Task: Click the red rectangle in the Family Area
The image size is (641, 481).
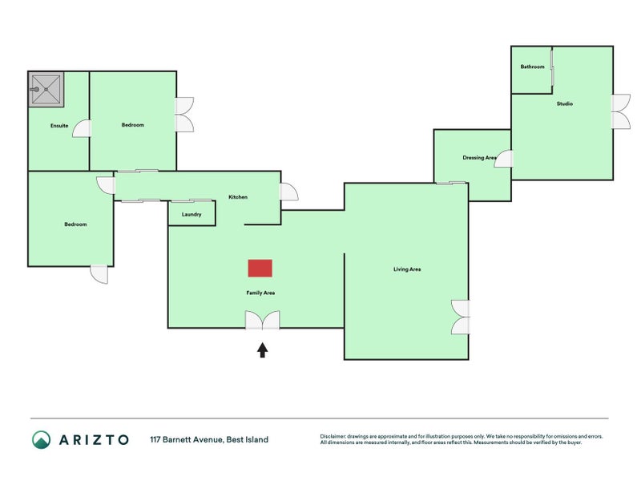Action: [x=260, y=269]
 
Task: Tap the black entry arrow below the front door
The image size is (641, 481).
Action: [x=263, y=350]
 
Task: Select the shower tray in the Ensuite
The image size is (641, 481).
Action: [x=46, y=90]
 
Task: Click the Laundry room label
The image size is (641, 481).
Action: [x=191, y=214]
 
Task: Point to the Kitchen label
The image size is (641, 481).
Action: [x=238, y=197]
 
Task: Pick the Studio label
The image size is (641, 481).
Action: [x=565, y=104]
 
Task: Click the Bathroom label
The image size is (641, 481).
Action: [x=532, y=67]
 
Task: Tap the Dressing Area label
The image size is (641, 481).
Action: [x=479, y=157]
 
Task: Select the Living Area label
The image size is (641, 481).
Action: [x=407, y=269]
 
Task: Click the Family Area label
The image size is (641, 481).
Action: [x=260, y=293]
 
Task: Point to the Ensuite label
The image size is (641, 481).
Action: [x=59, y=126]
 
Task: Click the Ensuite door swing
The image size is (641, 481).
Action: [x=82, y=128]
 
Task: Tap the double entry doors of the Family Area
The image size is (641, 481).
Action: [x=263, y=320]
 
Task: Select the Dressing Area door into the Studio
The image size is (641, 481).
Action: [x=503, y=159]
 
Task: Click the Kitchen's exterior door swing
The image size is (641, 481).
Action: [x=289, y=192]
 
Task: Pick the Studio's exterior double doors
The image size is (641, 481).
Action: [x=621, y=111]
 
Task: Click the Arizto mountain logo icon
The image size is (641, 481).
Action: [x=42, y=439]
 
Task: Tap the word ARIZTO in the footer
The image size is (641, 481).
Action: [x=94, y=440]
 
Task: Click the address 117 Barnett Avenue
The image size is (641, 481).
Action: [x=187, y=439]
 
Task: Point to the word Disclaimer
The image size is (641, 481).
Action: [x=333, y=436]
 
